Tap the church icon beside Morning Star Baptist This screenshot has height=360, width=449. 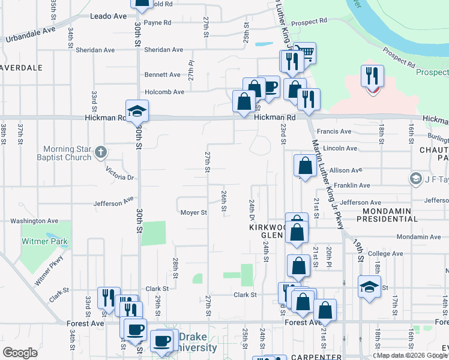(101, 152)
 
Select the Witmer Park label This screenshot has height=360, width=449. (45, 242)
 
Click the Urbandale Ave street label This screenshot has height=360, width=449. (31, 34)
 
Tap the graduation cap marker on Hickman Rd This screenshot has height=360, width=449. (137, 112)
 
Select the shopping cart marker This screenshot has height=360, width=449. (306, 54)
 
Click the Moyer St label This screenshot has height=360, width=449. (194, 212)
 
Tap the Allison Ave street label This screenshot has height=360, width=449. (346, 170)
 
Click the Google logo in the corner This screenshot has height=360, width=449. (20, 353)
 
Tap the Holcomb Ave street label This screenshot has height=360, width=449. (163, 92)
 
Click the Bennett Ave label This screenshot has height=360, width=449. (162, 75)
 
